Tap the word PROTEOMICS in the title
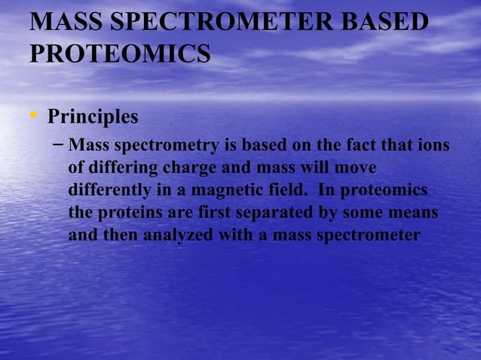120,54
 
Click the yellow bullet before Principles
33,116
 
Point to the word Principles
93,118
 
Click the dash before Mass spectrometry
59,144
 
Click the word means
413,213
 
